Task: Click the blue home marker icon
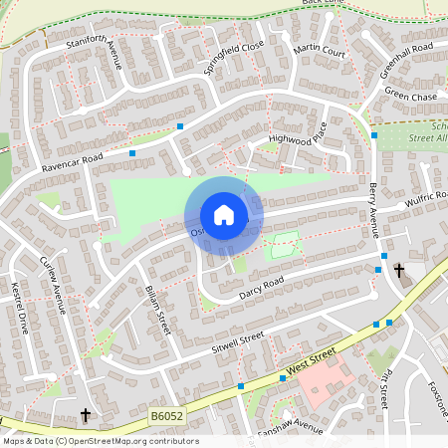pos(224,215)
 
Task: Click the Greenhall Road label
pos(407,61)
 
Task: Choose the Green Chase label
pos(411,96)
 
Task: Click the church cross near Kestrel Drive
pos(86,413)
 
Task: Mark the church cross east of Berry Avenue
pos(399,270)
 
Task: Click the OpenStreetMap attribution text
pos(100,441)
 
